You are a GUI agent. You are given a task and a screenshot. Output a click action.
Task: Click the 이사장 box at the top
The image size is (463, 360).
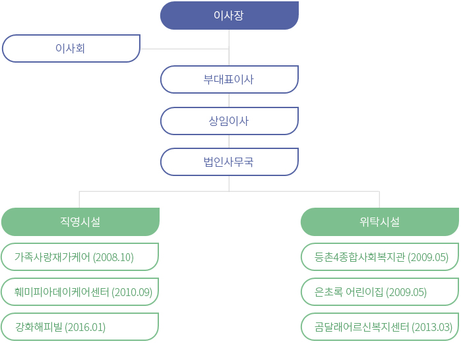click(x=230, y=15)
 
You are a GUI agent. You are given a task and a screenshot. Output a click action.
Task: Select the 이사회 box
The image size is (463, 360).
click(x=71, y=48)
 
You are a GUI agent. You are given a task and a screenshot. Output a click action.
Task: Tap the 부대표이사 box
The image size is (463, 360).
click(x=230, y=79)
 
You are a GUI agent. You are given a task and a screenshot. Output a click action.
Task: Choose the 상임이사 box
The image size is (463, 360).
click(x=230, y=121)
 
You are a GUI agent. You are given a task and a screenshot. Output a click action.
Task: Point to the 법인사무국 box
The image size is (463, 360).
click(x=230, y=162)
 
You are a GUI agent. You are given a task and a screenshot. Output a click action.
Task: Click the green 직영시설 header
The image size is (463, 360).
click(x=80, y=222)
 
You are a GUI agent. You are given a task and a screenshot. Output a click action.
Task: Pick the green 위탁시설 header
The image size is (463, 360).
click(x=380, y=222)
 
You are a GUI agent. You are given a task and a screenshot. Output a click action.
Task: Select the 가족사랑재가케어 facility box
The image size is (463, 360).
click(x=80, y=257)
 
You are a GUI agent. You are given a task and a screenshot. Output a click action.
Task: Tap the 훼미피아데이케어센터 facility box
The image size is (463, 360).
click(x=80, y=292)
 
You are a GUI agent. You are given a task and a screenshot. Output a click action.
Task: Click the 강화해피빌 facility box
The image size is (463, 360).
click(x=80, y=327)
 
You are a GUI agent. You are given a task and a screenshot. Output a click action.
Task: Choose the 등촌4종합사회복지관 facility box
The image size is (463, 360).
click(x=380, y=257)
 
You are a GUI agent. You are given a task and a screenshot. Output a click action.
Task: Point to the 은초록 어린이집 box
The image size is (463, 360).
click(x=380, y=292)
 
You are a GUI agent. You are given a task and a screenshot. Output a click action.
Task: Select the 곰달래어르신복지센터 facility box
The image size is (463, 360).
click(x=380, y=327)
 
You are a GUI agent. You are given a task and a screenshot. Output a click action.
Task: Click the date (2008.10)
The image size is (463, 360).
click(x=113, y=257)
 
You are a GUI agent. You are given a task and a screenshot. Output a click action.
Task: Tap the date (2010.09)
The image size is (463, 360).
click(x=132, y=292)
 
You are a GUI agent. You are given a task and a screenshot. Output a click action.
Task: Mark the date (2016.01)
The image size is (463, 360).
click(x=85, y=327)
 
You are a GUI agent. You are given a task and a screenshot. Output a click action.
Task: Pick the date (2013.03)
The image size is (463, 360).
click(x=432, y=327)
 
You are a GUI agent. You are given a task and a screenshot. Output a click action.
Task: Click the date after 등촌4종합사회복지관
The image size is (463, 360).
click(x=428, y=257)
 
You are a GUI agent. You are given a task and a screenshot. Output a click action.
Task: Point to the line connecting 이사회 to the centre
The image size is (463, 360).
click(x=185, y=49)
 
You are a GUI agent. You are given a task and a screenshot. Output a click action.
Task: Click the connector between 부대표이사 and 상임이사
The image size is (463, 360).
click(x=229, y=100)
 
